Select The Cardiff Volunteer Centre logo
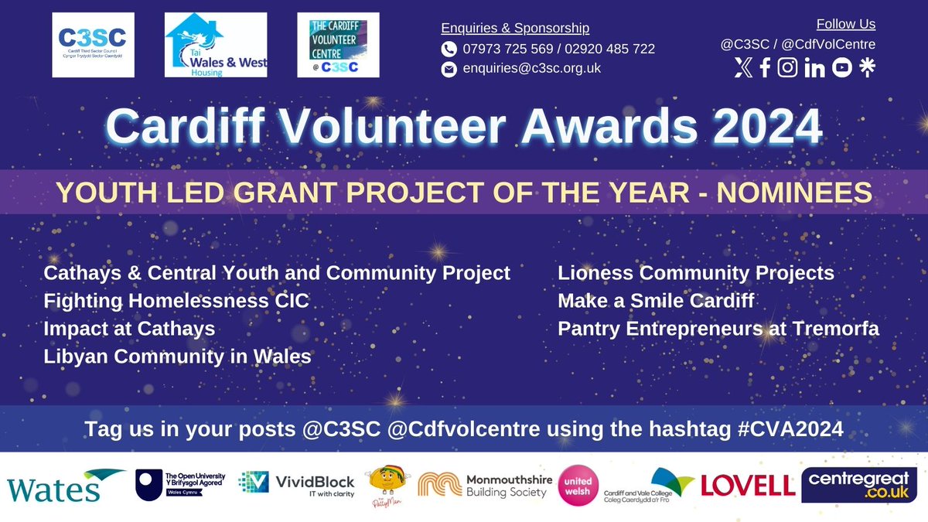coord(338,45)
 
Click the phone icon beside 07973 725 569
coord(449,49)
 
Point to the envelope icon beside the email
coord(449,69)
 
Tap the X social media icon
coord(742,68)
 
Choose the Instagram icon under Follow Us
coord(787,68)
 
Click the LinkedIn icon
coord(814,68)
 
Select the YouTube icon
coord(842,68)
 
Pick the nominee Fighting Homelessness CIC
coord(176,301)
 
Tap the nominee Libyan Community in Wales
coord(178,357)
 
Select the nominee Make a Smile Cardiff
coord(656,301)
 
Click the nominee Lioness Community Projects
coord(696,273)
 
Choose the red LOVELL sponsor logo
coord(748,486)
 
